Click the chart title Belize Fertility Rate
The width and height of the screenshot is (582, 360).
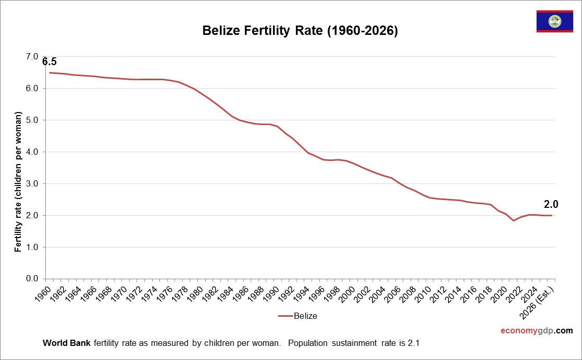(300, 31)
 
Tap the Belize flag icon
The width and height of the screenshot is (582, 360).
(554, 21)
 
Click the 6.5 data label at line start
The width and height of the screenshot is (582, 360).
(49, 62)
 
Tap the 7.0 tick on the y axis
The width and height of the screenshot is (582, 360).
(32, 56)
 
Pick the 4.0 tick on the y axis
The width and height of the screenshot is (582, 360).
(32, 152)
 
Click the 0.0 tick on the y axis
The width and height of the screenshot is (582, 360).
(32, 279)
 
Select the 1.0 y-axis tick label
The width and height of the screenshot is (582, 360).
(32, 247)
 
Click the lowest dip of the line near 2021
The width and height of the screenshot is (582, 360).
(514, 220)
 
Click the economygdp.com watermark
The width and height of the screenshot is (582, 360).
(536, 330)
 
